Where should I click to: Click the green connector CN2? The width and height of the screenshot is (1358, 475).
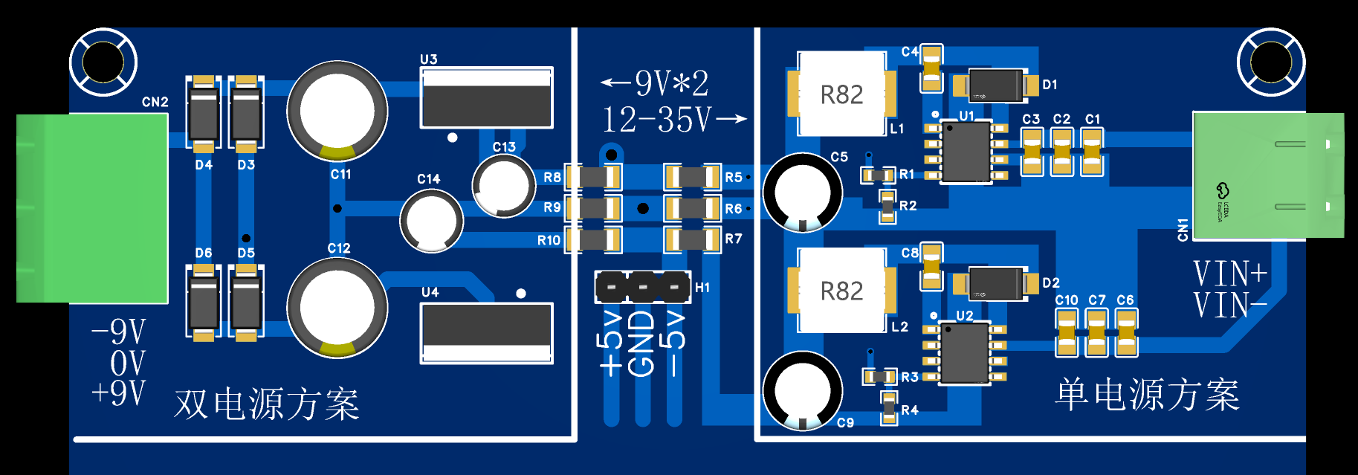tap(92, 208)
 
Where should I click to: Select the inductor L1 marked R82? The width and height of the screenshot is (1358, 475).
tap(841, 94)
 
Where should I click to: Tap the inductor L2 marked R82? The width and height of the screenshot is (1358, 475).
tap(841, 291)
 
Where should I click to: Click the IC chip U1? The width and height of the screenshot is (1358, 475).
tap(966, 152)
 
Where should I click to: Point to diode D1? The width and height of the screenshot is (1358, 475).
tap(996, 85)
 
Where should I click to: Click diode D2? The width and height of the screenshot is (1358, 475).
tap(996, 283)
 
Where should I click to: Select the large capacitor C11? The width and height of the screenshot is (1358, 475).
tap(337, 112)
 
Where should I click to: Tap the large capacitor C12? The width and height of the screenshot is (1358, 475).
tap(337, 308)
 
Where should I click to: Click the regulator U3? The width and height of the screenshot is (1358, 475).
tap(487, 98)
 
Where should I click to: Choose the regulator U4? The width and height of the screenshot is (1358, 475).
tap(487, 333)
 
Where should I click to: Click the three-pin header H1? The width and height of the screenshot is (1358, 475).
tap(643, 287)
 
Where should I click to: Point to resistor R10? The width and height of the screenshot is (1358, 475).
tap(593, 239)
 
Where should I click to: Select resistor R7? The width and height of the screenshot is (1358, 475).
tap(692, 239)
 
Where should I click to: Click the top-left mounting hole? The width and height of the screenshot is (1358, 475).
tap(103, 62)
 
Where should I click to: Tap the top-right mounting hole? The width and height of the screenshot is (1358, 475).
tap(1271, 62)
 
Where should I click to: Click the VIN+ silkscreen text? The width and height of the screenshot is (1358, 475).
tap(1230, 274)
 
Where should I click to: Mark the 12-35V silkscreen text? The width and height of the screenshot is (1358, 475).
tap(657, 120)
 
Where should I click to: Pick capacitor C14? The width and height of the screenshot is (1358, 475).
tap(432, 221)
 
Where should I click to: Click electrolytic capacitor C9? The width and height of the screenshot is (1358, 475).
tap(803, 391)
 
